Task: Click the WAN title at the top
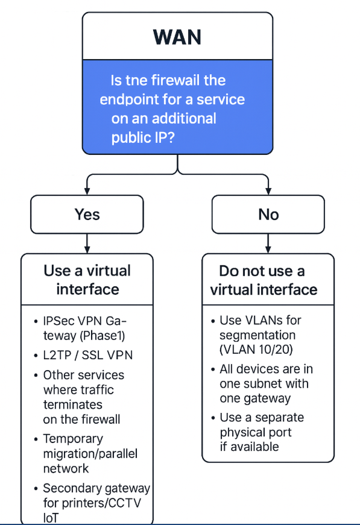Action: click(177, 37)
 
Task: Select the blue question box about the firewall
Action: click(177, 108)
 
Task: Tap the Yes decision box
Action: click(87, 215)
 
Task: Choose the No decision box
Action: click(268, 215)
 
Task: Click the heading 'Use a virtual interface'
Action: click(87, 280)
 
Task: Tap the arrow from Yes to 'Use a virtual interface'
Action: click(87, 243)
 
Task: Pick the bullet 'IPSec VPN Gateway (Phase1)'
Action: click(85, 329)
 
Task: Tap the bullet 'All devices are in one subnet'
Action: click(266, 383)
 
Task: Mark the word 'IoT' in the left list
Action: click(52, 517)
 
